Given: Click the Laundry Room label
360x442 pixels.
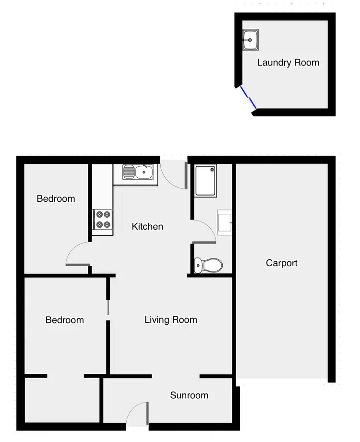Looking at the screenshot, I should (288, 62).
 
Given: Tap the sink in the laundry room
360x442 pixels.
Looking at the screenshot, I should (251, 39).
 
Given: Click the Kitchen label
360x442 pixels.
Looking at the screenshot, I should (147, 226).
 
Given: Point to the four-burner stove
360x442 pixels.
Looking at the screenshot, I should (102, 219).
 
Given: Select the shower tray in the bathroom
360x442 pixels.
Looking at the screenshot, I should (206, 180).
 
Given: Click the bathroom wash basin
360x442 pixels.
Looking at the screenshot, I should (225, 222).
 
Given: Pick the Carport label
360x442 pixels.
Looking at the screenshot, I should (282, 263).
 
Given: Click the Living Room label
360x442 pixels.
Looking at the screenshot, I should (170, 319).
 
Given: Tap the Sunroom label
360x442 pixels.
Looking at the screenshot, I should (189, 395).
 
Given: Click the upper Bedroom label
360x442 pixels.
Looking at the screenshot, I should (56, 198).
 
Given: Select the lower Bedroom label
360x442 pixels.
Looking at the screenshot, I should (64, 320).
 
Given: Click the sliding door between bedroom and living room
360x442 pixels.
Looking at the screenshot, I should (108, 307).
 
